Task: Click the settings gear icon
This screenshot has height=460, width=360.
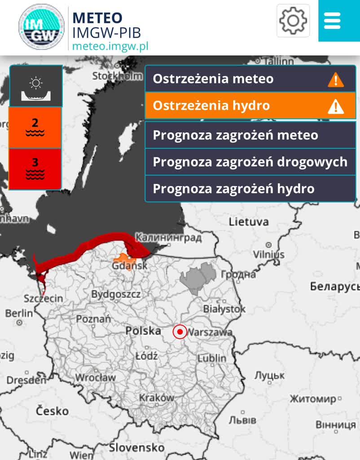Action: click(x=293, y=20)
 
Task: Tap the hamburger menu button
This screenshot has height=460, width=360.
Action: click(x=333, y=21)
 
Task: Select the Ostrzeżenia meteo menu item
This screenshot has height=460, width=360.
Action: click(x=250, y=79)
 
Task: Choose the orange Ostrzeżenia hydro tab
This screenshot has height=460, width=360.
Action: click(x=250, y=106)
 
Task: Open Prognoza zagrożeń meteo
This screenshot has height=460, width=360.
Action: click(x=250, y=135)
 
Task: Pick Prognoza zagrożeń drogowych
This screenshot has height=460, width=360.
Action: click(x=250, y=162)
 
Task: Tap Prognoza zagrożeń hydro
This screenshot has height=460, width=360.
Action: click(x=250, y=189)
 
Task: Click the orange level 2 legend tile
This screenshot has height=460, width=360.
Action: click(x=35, y=127)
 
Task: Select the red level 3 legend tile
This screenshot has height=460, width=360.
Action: click(x=35, y=168)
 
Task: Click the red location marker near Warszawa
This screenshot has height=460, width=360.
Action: click(x=180, y=332)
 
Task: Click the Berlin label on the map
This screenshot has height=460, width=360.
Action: click(x=19, y=313)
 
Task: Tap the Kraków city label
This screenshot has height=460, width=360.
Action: click(x=156, y=398)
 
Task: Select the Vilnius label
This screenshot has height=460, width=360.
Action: click(x=268, y=254)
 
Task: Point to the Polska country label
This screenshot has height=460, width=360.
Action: click(x=143, y=331)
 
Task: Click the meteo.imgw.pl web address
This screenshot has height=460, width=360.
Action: click(x=110, y=45)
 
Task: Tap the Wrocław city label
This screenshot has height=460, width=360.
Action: click(x=95, y=377)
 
